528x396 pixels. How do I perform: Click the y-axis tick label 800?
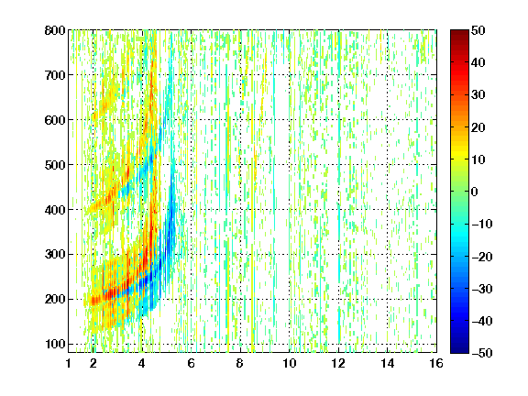coord(55,30)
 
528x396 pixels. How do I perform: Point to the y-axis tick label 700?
coord(55,75)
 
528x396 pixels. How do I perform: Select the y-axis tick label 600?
coord(55,120)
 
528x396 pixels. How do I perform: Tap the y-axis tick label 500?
coord(55,165)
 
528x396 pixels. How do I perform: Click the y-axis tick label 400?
coord(55,210)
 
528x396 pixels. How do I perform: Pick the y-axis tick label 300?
coord(55,255)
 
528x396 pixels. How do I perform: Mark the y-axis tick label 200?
coord(55,300)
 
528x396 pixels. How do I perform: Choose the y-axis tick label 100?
coord(55,344)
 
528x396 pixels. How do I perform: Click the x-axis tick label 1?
coord(69,363)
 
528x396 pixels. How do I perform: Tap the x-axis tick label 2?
coord(93,363)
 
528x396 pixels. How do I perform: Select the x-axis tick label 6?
coord(192,363)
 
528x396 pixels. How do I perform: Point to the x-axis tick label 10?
coord(290,363)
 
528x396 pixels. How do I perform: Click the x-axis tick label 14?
coord(388,363)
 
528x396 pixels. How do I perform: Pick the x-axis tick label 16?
coord(436,363)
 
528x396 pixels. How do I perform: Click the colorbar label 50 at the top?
coord(478,30)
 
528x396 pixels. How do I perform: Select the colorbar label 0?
coord(475,192)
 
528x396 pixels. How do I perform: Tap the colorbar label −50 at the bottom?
coord(482,353)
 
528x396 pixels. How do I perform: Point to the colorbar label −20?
coord(482,257)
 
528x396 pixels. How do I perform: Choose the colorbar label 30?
coord(478,95)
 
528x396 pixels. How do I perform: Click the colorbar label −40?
coord(482,321)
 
